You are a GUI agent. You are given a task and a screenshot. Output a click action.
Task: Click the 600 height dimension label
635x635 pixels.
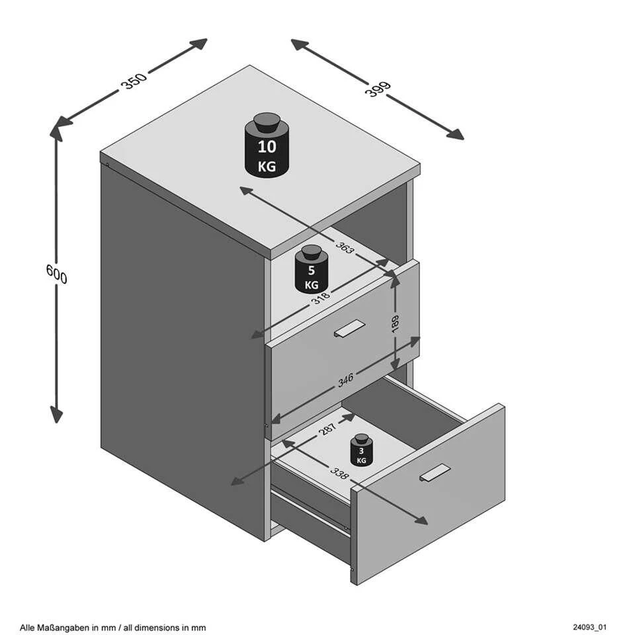coord(57,274)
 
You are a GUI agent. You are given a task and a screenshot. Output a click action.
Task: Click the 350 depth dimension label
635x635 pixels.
coord(134,81)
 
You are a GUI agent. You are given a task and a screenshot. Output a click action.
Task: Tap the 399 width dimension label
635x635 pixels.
coord(378,89)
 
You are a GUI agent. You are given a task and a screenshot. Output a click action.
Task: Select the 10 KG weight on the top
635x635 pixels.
coord(267,145)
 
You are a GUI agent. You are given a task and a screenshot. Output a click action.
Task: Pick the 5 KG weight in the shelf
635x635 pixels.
coord(312,269)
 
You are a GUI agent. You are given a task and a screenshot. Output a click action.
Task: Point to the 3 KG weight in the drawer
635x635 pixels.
coord(361,450)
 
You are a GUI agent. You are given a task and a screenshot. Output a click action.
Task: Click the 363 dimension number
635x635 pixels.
coord(345,247)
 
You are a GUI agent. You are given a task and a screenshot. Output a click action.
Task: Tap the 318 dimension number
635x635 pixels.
coord(321,298)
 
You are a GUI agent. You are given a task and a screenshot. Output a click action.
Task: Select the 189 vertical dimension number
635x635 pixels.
coord(396,323)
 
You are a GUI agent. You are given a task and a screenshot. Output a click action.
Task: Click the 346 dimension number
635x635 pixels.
coord(345,380)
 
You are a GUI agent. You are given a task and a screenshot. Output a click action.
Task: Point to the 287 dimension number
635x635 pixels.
coord(327,429)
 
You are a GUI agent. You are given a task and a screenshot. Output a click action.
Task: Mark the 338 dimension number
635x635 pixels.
coord(339,472)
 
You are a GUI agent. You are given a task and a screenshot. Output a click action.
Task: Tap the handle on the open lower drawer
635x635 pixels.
coord(435,472)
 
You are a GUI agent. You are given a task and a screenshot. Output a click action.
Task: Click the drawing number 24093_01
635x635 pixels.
coord(589,627)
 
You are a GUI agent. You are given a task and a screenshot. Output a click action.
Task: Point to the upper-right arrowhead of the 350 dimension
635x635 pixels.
coord(198,44)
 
